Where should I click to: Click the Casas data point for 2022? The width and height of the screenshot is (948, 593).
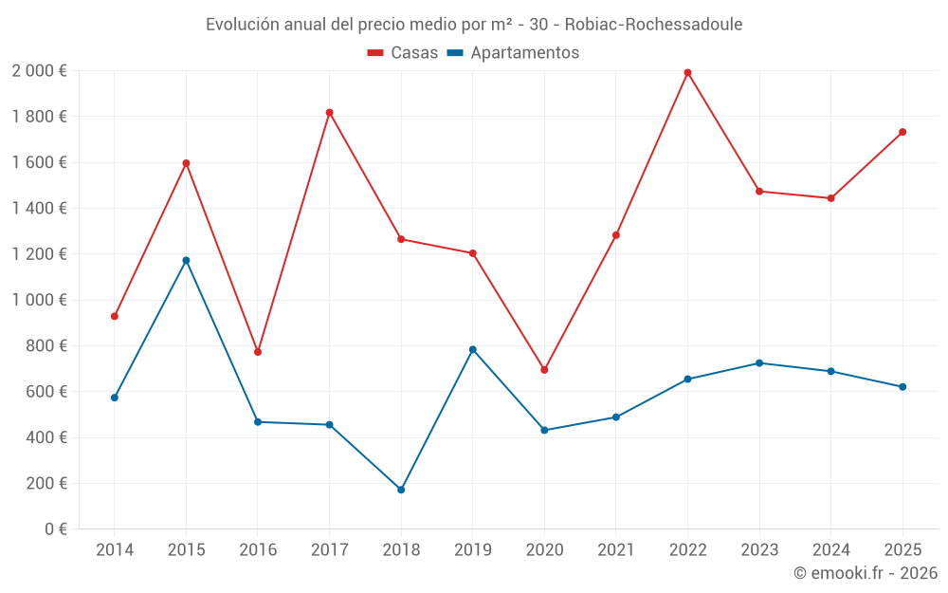pos(687,72)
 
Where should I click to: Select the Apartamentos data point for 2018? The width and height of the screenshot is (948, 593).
pos(401,490)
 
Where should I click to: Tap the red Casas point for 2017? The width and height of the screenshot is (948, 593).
pos(329,113)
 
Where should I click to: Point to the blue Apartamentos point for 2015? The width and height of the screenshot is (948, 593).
pos(186,260)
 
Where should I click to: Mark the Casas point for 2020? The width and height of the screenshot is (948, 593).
pos(544,370)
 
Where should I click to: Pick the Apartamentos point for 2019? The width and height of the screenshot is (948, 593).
pos(473,349)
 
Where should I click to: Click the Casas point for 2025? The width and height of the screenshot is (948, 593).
pos(902,132)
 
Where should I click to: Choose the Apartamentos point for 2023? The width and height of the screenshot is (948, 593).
pos(759,363)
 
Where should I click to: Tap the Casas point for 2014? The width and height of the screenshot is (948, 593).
pos(115,316)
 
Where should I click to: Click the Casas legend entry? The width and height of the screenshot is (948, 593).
pos(403,53)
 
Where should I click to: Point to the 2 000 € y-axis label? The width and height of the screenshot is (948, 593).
pos(39,71)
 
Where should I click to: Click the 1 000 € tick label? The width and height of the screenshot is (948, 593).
pos(39,300)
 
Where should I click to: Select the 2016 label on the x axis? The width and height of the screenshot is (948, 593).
pos(258,550)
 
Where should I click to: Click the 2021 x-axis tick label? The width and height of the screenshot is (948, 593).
pos(616,550)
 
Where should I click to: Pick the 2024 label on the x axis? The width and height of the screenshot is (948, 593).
pos(831,550)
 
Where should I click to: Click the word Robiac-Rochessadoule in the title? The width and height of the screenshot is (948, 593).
pos(660,24)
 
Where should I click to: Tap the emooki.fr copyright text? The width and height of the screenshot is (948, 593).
pos(866,573)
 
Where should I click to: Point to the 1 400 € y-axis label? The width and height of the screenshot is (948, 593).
pos(39,209)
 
